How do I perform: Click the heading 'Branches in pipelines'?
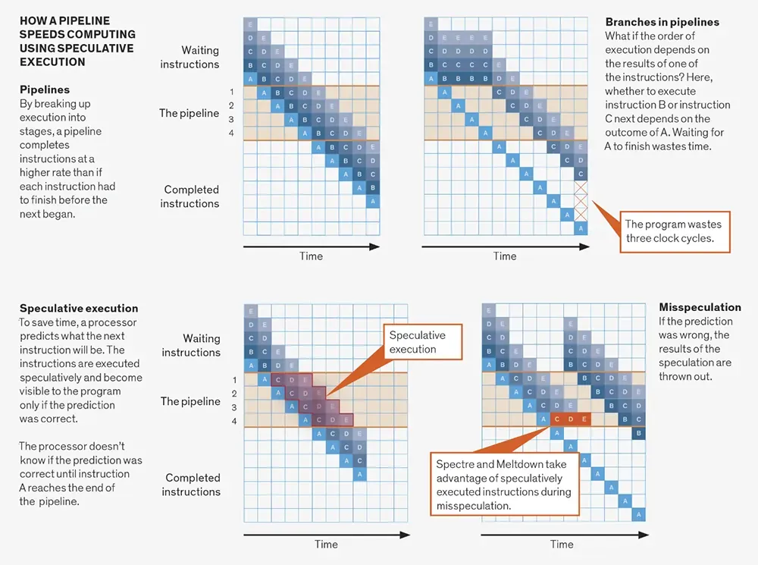(662, 22)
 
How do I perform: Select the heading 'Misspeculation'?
(700, 307)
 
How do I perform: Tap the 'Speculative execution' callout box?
(422, 341)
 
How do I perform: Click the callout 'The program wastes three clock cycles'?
(675, 232)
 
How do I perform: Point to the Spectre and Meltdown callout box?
(504, 484)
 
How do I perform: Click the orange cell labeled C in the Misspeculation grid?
(557, 419)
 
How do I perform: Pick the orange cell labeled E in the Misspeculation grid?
(584, 419)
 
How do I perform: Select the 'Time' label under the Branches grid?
(505, 256)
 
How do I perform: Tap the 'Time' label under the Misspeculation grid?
(562, 545)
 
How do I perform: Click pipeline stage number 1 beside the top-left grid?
(231, 92)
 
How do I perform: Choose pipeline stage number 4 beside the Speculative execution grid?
(234, 422)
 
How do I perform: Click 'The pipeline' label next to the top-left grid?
(189, 113)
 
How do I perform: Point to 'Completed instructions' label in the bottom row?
(191, 485)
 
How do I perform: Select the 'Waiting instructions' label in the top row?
(189, 57)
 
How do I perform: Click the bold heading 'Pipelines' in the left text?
(45, 89)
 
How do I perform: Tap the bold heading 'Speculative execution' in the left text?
(79, 308)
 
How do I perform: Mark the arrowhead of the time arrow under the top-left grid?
(374, 246)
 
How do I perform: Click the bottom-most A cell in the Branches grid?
(581, 228)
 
